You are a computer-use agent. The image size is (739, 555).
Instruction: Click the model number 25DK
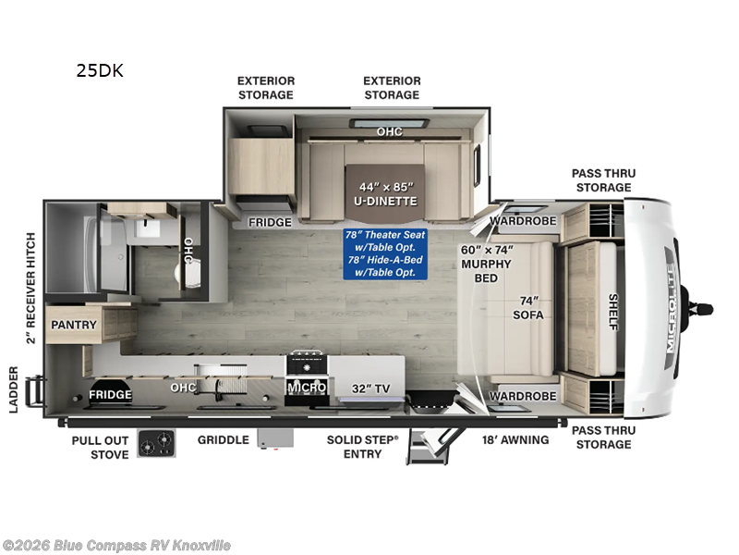pyautogui.click(x=99, y=69)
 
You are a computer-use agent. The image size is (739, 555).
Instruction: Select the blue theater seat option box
pyautogui.click(x=386, y=253)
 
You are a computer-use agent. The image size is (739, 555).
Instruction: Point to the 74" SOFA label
pyautogui.click(x=527, y=307)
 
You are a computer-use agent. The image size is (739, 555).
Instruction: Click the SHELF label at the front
pyautogui.click(x=612, y=312)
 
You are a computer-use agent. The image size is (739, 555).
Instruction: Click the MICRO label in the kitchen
pyautogui.click(x=306, y=388)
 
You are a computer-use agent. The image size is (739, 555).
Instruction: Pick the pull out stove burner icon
pyautogui.click(x=155, y=444)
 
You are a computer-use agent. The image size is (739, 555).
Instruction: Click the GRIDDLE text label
pyautogui.click(x=223, y=439)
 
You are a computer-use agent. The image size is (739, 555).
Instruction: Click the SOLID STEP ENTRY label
pyautogui.click(x=363, y=446)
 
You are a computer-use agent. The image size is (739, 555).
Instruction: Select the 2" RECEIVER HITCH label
pyautogui.click(x=31, y=286)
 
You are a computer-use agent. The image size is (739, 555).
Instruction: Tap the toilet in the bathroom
pyautogui.click(x=184, y=273)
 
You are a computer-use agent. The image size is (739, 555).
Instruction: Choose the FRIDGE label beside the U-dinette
pyautogui.click(x=270, y=222)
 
